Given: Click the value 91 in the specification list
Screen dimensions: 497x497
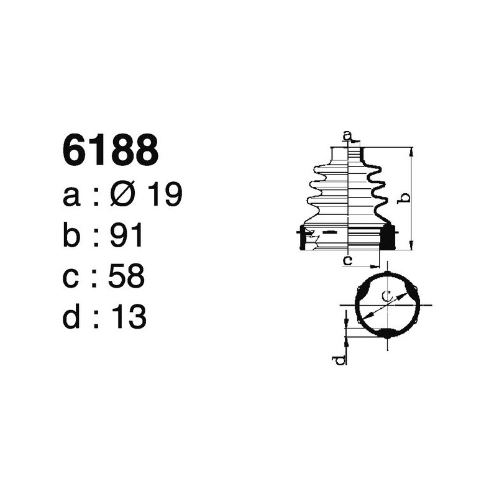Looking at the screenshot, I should (126, 237).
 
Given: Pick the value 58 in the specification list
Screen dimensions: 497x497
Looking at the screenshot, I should (126, 277).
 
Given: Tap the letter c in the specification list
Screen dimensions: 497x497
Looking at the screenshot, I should (71, 278).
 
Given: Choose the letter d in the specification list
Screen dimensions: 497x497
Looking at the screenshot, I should (71, 317).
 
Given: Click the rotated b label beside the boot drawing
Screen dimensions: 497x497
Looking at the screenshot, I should (403, 199).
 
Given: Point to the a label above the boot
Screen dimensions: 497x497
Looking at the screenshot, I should (348, 135).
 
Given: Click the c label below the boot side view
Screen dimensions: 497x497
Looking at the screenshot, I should (348, 260).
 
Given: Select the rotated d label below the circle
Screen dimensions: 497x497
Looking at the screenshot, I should (339, 360).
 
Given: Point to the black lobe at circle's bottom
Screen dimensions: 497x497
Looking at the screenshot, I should (386, 334).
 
